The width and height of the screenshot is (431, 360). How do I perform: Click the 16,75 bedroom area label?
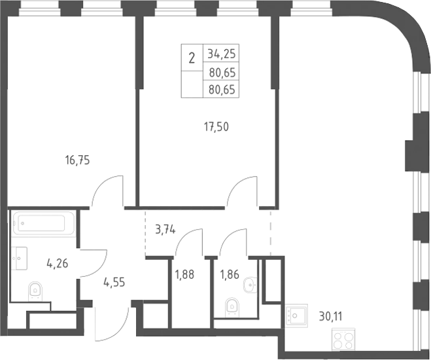(x=78, y=160)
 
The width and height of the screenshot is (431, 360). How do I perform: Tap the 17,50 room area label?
(x=216, y=127)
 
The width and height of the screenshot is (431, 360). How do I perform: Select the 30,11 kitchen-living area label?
(x=331, y=317)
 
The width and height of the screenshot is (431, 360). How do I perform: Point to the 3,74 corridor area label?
(x=165, y=229)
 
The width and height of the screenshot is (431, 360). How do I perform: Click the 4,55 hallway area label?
(x=114, y=282)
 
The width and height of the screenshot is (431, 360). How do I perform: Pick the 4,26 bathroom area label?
(x=58, y=264)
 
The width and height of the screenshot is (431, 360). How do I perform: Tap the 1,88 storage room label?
(x=184, y=274)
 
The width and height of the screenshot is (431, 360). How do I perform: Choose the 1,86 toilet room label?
(x=230, y=274)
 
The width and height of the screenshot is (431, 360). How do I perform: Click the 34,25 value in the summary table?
(x=222, y=54)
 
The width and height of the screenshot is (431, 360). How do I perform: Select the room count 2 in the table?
(x=192, y=58)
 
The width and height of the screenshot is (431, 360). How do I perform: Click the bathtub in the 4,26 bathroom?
(x=44, y=223)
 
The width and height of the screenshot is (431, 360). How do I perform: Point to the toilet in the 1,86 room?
(x=232, y=306)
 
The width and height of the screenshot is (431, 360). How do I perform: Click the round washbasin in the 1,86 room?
(x=250, y=285)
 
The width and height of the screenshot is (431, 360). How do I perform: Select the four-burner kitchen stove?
(x=343, y=339)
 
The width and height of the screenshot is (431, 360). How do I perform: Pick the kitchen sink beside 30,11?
(x=296, y=315)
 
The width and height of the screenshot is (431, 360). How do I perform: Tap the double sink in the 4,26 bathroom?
(x=20, y=259)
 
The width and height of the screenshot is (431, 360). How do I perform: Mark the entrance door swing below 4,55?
(x=112, y=325)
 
